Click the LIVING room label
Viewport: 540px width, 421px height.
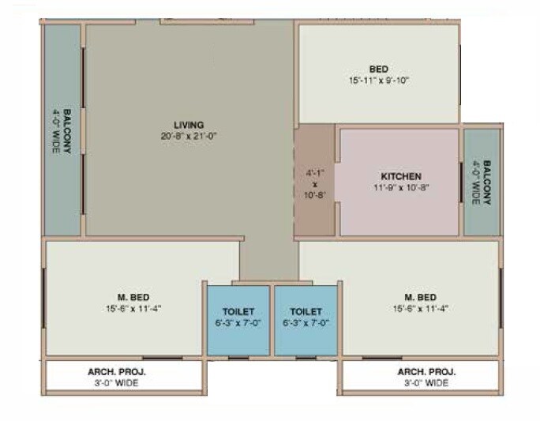[x=189, y=125]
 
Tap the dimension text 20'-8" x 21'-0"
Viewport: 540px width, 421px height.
[x=189, y=136]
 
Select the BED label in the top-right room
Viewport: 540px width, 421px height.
[x=378, y=70]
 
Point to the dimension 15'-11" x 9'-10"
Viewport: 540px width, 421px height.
[x=378, y=81]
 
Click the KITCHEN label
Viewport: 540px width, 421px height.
[x=401, y=176]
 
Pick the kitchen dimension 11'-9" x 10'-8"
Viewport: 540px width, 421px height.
[x=401, y=187]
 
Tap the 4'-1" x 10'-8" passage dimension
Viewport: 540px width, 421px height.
[x=315, y=182]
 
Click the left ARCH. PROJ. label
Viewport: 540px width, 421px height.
[x=117, y=371]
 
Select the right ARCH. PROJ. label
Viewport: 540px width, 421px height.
[x=426, y=371]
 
